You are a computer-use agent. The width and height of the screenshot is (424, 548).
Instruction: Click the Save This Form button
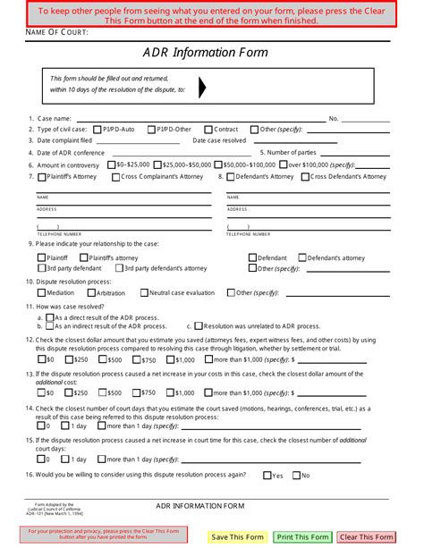pyautogui.click(x=237, y=536)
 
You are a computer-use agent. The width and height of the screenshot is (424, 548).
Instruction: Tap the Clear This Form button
pyautogui.click(x=366, y=536)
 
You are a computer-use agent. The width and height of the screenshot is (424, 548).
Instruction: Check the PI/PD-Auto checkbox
pyautogui.click(x=97, y=130)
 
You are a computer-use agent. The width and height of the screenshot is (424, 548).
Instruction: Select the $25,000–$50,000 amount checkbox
pyautogui.click(x=157, y=165)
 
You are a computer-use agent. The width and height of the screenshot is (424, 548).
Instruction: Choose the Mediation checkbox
pyautogui.click(x=41, y=292)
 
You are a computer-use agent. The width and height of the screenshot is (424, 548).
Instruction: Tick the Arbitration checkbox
pyautogui.click(x=90, y=292)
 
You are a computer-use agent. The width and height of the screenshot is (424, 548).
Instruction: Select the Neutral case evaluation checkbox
pyautogui.click(x=143, y=292)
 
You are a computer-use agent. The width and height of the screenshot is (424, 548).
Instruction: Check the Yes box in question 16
pyautogui.click(x=267, y=476)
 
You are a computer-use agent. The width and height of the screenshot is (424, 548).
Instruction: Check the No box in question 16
pyautogui.click(x=292, y=476)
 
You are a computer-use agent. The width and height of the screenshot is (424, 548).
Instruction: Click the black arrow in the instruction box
pyautogui.click(x=202, y=87)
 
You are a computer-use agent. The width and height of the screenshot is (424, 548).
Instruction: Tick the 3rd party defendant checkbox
pyautogui.click(x=41, y=267)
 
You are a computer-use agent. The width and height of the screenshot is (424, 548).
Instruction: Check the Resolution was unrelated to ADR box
pyautogui.click(x=199, y=326)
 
